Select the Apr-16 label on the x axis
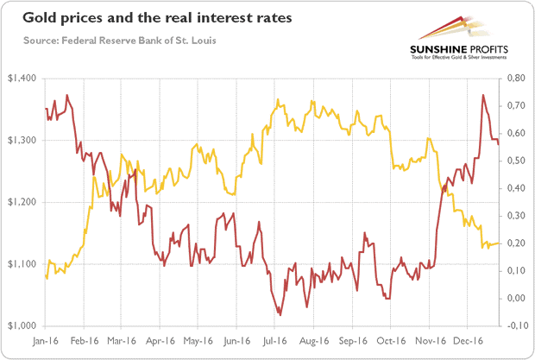click(x=160, y=340)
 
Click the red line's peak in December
click(x=483, y=95)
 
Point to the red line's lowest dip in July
click(x=279, y=314)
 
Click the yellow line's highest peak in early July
click(x=276, y=100)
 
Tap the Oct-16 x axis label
click(x=391, y=340)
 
